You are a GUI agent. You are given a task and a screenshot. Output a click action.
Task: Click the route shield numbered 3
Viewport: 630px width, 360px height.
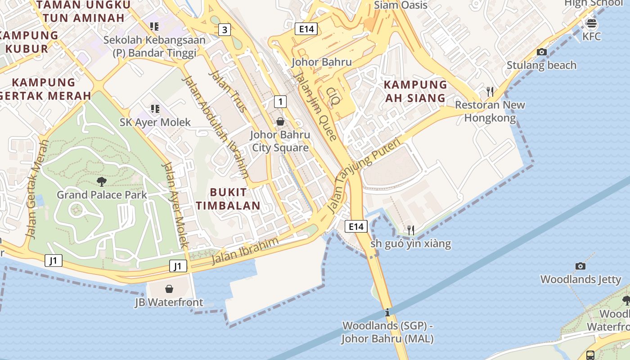click(x=225, y=30)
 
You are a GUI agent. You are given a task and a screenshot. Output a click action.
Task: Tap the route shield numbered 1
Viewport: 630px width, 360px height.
click(x=280, y=101)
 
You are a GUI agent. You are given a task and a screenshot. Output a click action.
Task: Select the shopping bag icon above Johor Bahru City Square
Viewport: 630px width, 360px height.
click(x=280, y=121)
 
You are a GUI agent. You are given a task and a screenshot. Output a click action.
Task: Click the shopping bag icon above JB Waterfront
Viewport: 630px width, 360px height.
click(x=169, y=288)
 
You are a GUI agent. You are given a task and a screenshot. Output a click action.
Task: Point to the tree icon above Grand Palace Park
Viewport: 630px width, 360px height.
click(x=102, y=182)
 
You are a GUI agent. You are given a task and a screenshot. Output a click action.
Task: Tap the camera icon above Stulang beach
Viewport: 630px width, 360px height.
click(x=542, y=52)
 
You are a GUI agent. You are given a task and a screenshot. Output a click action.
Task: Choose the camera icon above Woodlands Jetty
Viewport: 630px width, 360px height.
click(x=580, y=266)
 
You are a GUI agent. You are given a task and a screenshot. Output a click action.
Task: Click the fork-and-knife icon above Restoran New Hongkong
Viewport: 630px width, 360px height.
click(x=490, y=92)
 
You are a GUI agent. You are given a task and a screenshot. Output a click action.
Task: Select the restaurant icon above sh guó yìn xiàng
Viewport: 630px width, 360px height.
click(x=410, y=230)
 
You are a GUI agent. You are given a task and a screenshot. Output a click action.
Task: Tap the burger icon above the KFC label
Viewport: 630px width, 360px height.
click(x=591, y=23)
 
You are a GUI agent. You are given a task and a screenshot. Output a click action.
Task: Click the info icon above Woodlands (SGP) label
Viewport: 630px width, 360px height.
click(x=387, y=312)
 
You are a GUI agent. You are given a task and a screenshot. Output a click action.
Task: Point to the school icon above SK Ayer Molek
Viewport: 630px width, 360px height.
click(x=155, y=108)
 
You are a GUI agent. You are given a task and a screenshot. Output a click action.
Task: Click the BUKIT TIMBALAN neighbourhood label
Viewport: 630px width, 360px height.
click(x=228, y=199)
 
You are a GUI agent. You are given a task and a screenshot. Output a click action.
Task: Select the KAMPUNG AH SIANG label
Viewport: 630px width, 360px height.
click(x=415, y=91)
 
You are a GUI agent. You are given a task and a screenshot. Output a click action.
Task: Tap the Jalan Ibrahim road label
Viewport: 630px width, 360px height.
click(x=245, y=252)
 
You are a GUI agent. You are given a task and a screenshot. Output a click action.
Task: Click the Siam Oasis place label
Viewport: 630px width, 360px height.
click(x=400, y=5)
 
